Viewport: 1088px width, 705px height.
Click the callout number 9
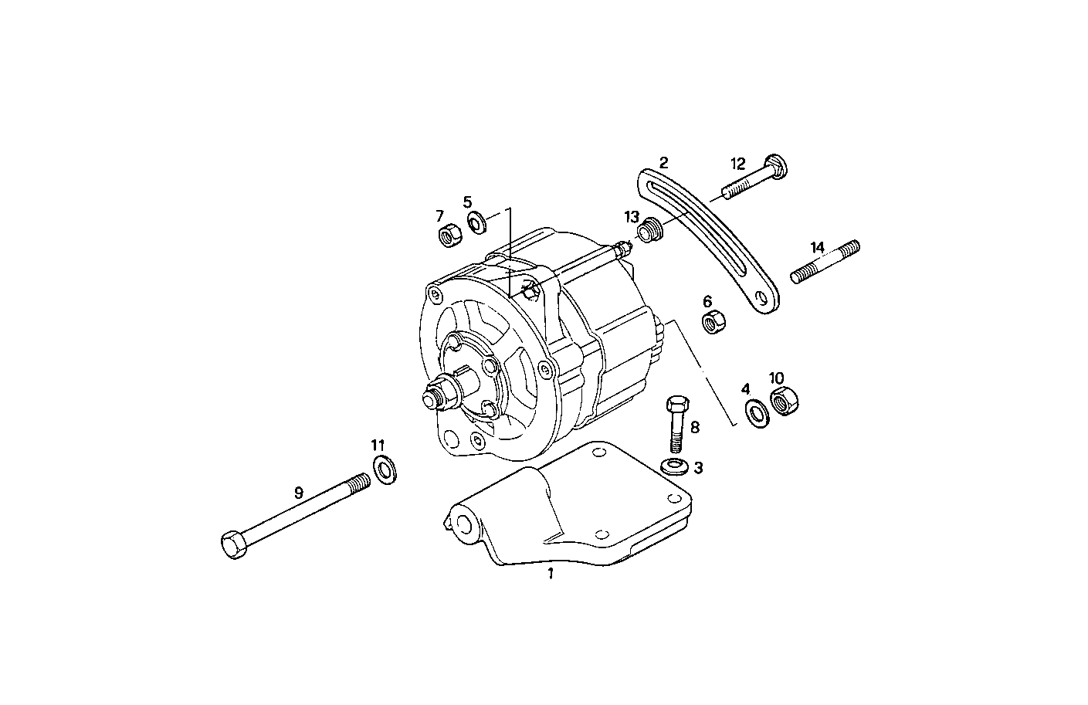pos(298,492)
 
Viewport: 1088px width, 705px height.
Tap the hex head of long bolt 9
pos(232,545)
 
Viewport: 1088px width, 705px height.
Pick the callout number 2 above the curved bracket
pos(664,163)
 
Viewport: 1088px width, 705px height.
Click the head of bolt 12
pos(775,165)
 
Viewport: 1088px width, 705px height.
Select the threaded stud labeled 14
pos(825,263)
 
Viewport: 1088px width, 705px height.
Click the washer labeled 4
pos(757,413)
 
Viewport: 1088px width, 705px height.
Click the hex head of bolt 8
pos(676,405)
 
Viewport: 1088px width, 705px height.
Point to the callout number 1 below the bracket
pos(551,574)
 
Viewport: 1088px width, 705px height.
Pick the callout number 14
pos(818,248)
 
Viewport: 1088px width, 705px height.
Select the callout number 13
pos(632,217)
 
